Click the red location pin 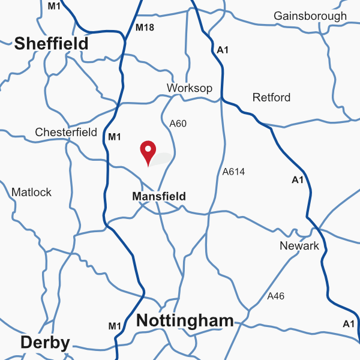(148, 151)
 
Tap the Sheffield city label (51, 44)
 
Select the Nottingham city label (185, 321)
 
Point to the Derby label (45, 343)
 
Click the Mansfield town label (158, 196)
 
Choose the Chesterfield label (66, 132)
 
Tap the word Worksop (190, 88)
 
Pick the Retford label (271, 97)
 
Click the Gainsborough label (310, 16)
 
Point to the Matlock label (32, 193)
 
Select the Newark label (299, 246)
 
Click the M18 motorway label (145, 28)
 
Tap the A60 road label (178, 124)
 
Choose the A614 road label (233, 172)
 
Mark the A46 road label (276, 296)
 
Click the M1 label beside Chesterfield (115, 137)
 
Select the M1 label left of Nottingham (115, 326)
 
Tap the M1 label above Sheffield (54, 6)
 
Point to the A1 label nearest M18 (223, 50)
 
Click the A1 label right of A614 (298, 180)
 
